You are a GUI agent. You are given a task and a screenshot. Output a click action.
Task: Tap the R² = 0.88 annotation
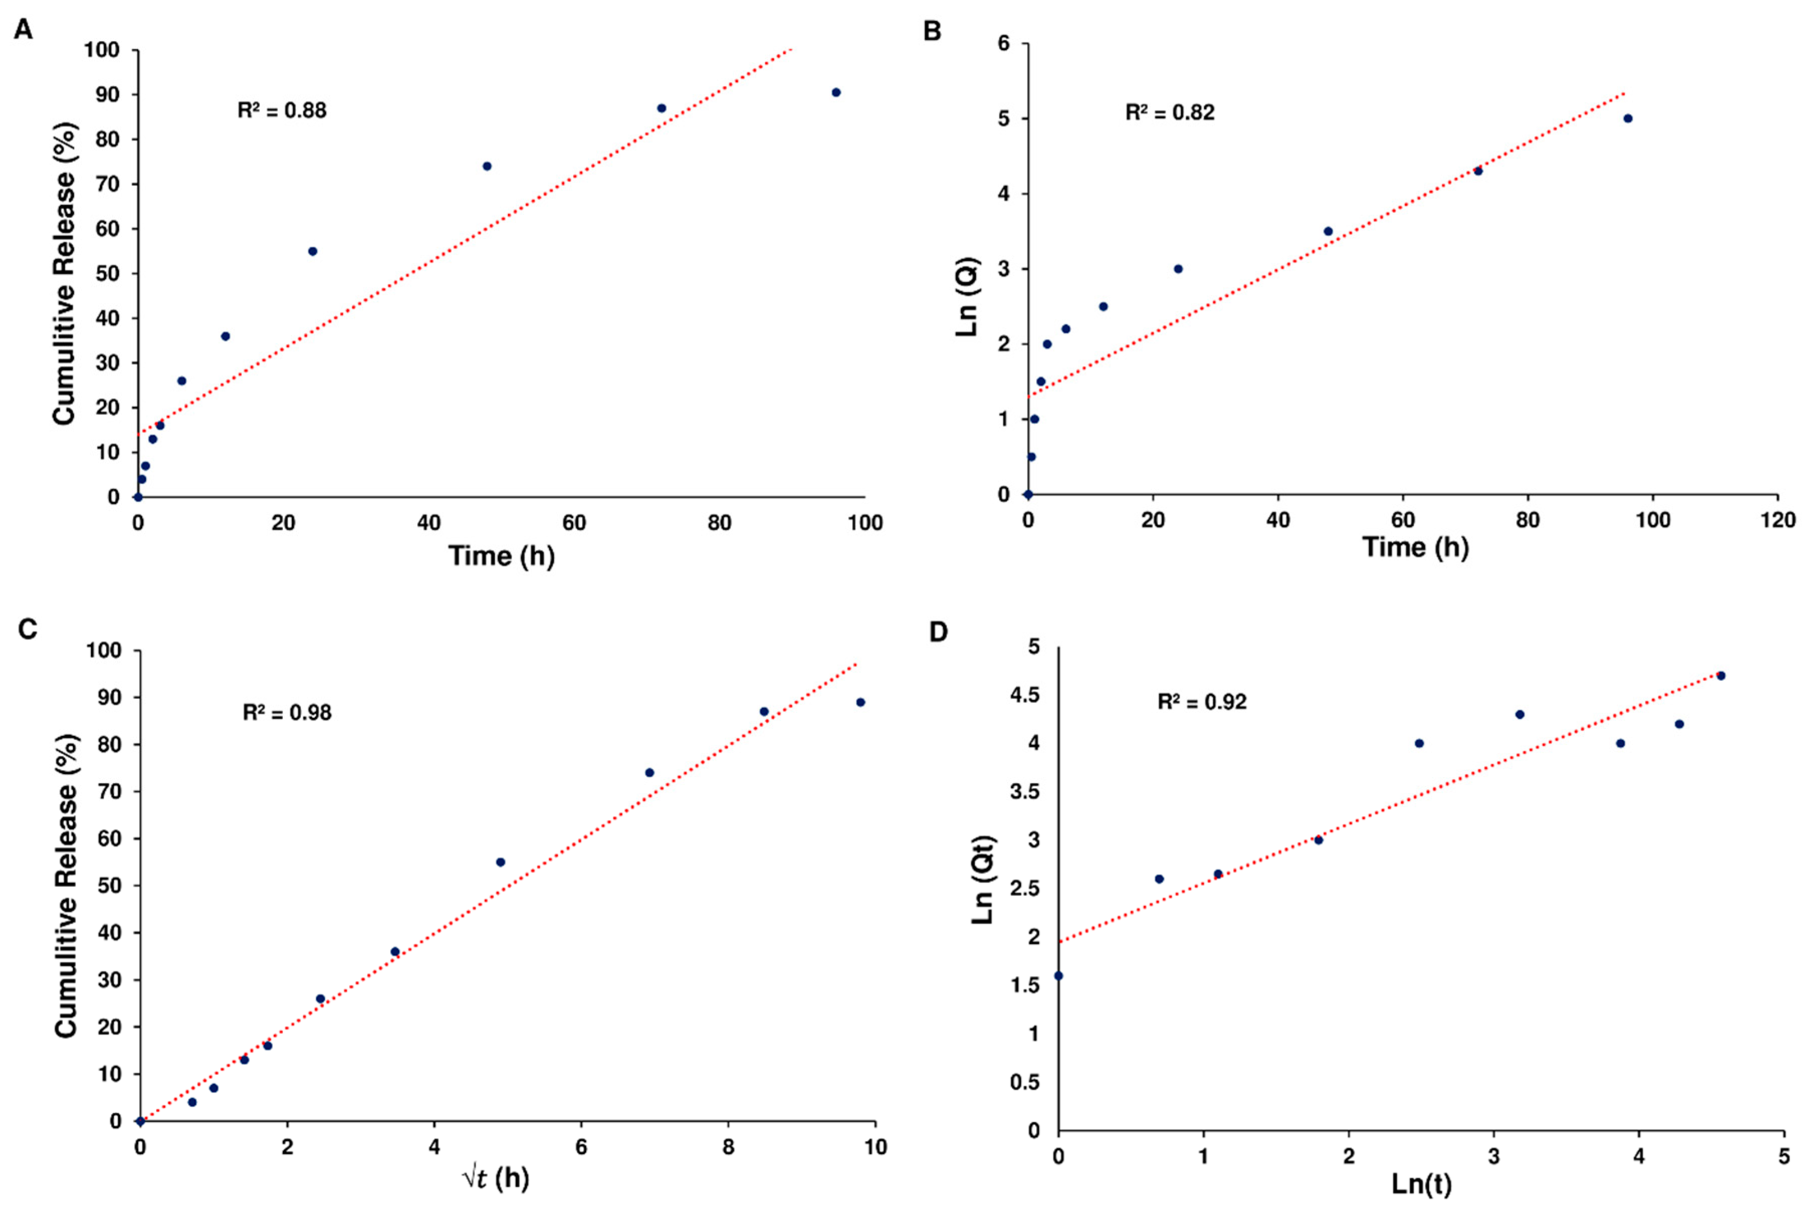(282, 111)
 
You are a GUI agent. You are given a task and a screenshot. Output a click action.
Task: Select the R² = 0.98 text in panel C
(287, 713)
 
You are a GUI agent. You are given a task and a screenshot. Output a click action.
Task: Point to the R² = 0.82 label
(1170, 113)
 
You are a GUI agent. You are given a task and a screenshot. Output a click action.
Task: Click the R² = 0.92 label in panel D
(1202, 702)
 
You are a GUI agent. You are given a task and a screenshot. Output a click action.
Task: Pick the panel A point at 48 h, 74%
(487, 166)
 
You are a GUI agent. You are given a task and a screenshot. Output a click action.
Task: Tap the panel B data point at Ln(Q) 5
(1628, 119)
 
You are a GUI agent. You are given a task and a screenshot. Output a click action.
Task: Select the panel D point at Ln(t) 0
(1059, 975)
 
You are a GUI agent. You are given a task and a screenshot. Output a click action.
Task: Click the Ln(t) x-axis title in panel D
(1421, 1184)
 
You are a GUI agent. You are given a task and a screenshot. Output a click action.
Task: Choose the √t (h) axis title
(496, 1178)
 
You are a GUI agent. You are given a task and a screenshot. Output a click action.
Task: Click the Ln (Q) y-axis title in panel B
(968, 296)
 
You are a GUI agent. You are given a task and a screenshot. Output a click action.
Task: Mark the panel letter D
(938, 632)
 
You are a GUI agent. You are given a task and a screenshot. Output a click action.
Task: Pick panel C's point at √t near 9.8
(860, 702)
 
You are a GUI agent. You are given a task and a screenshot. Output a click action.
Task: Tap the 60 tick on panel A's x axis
(574, 523)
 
